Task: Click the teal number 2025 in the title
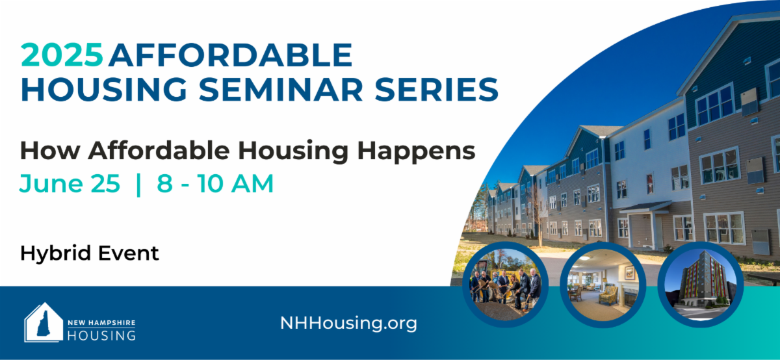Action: coord(62,55)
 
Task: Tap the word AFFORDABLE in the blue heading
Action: coord(231,55)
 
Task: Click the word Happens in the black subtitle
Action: coord(416,152)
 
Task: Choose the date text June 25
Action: coord(70,183)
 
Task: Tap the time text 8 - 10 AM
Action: coord(215,183)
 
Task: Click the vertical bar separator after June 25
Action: coord(138,185)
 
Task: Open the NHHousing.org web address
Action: coord(348,324)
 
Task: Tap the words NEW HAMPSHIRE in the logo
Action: coord(101,323)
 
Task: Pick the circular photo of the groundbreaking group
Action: coord(505,285)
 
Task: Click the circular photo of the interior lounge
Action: coord(603,285)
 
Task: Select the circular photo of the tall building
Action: coord(700,285)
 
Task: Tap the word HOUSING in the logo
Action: coord(101,335)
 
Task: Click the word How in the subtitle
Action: coord(50,151)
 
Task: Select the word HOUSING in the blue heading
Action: coord(104,90)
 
